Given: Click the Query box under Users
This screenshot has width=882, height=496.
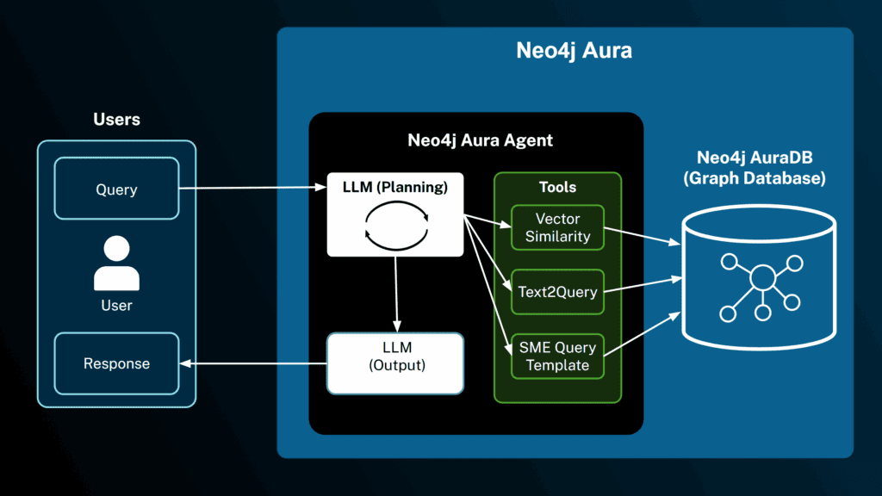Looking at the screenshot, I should pos(116,188).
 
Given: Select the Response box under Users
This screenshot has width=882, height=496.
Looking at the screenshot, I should pos(116,363).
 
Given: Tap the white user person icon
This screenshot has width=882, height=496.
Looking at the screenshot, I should pos(116,264).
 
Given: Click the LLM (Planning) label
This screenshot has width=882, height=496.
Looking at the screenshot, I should pos(395,187).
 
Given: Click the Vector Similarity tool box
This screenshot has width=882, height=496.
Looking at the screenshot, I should pos(557,227).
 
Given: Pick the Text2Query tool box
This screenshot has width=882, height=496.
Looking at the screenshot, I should pos(557,292).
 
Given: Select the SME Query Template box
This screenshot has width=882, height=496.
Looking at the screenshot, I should pos(557,356).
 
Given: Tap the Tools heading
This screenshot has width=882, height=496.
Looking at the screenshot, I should pos(557,187).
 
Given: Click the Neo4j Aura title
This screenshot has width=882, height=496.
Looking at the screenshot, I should pos(574,50).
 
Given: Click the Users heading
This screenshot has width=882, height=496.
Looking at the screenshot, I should pos(116,119).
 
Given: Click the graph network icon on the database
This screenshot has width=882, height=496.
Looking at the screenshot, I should pos(761,279).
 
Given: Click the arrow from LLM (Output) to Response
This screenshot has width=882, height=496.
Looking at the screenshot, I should pos(253,363).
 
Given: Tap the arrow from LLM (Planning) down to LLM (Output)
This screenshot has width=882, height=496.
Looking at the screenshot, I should pos(395,294).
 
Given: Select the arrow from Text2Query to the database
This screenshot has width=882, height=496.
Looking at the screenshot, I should pos(642,286).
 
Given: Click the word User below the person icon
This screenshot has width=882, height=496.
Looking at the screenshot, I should pos(116,305).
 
